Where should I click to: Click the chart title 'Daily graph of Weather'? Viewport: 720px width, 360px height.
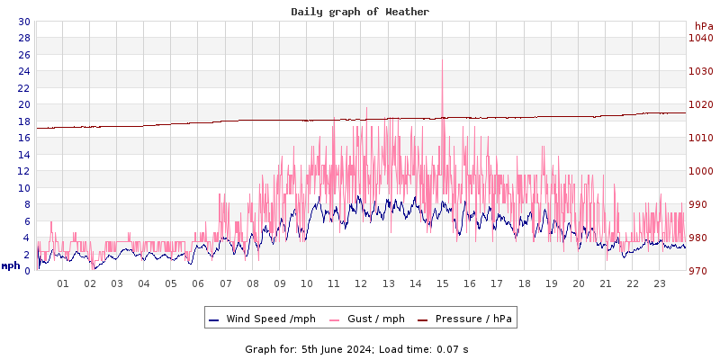tap(360, 12)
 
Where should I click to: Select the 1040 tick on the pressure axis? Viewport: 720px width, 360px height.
tap(700, 38)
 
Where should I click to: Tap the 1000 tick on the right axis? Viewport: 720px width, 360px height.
tap(700, 171)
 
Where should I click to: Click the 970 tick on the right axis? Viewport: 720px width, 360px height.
tap(700, 271)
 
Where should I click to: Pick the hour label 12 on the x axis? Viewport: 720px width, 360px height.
tap(361, 283)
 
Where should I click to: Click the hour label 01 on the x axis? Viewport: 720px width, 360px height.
tap(63, 283)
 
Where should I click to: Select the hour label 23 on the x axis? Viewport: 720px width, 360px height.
tap(660, 283)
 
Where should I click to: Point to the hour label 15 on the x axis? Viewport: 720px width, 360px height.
tap(443, 283)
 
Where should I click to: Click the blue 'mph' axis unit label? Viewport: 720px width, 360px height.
tap(11, 265)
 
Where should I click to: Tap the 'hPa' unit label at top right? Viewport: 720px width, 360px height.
tap(703, 26)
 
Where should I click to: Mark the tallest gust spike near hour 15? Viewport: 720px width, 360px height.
tap(442, 61)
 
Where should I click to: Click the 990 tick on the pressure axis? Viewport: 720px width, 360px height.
tap(700, 204)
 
